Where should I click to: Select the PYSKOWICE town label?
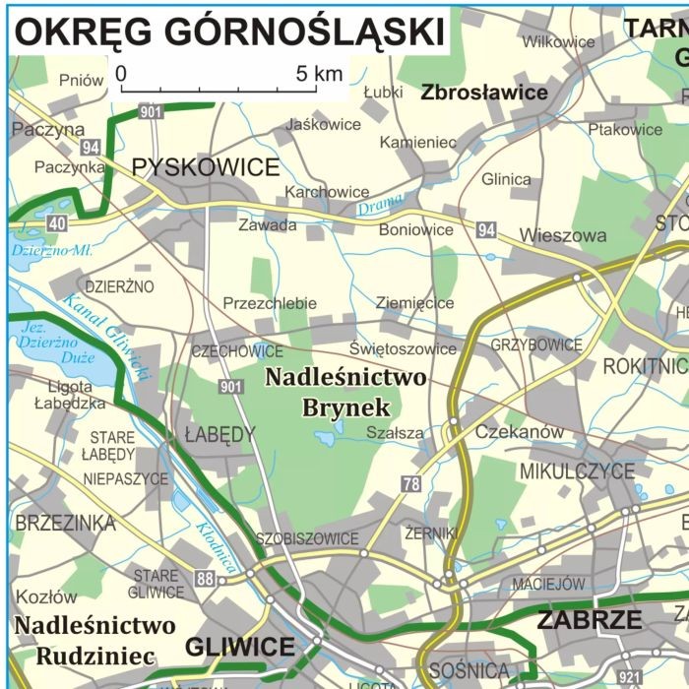click(x=206, y=167)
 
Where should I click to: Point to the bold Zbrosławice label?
click(x=484, y=93)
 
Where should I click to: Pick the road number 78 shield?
click(x=410, y=483)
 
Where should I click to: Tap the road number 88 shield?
click(x=205, y=579)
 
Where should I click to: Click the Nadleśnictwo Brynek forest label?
click(x=346, y=392)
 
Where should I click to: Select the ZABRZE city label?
click(x=590, y=621)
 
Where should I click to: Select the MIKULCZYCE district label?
click(x=577, y=471)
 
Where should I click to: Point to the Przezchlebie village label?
click(x=270, y=303)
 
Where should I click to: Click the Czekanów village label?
click(x=520, y=432)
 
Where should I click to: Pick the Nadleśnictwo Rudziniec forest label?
click(x=95, y=640)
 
